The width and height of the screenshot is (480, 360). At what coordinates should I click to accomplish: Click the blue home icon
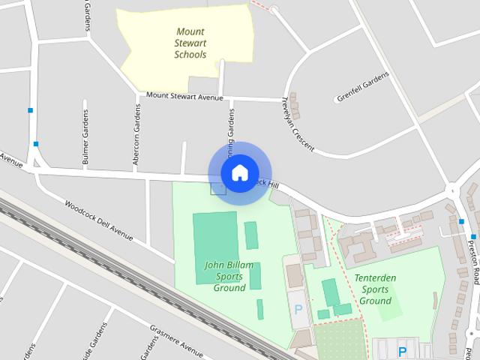click(239, 173)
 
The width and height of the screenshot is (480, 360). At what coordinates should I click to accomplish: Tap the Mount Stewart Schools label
click(190, 43)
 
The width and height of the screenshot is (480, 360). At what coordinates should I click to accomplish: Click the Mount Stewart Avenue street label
click(185, 96)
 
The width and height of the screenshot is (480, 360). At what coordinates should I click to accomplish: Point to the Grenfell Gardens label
click(363, 87)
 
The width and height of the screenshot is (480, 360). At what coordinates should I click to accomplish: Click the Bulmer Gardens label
click(85, 137)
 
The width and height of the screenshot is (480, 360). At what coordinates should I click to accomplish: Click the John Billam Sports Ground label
click(229, 276)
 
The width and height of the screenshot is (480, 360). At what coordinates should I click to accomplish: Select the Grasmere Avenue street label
click(177, 341)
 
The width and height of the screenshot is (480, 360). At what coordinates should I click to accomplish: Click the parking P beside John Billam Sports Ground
click(298, 309)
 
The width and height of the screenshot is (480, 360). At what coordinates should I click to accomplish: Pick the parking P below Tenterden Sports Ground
click(403, 351)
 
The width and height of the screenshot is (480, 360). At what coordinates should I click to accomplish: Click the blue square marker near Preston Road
click(462, 222)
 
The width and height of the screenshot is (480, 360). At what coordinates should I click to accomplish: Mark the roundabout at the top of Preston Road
click(452, 190)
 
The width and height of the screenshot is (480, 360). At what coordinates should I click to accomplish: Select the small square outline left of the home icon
click(217, 187)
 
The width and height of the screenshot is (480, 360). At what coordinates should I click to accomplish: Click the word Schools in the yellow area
click(190, 55)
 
